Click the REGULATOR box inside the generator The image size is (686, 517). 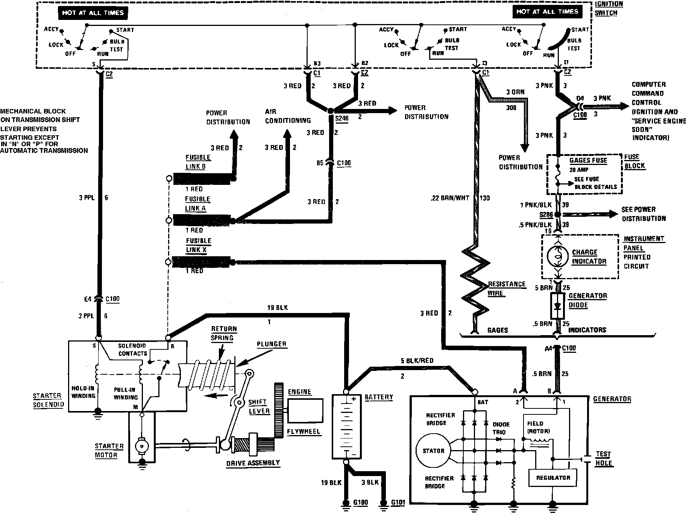(553, 478)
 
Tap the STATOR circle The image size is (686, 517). (433, 451)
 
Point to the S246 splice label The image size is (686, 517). (341, 118)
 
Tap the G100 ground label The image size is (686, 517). (361, 503)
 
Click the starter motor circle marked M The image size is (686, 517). (142, 446)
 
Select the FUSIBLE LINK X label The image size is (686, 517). (198, 245)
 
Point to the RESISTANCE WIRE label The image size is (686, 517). (506, 289)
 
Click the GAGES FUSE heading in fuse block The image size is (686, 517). (588, 160)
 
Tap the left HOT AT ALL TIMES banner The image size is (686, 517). (93, 13)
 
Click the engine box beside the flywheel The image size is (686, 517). (305, 411)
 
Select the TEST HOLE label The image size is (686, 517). (603, 458)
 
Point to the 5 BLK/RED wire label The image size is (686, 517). (417, 361)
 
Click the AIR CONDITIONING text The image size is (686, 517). (288, 116)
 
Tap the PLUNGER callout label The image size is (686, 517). (272, 344)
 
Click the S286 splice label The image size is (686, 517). (546, 215)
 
